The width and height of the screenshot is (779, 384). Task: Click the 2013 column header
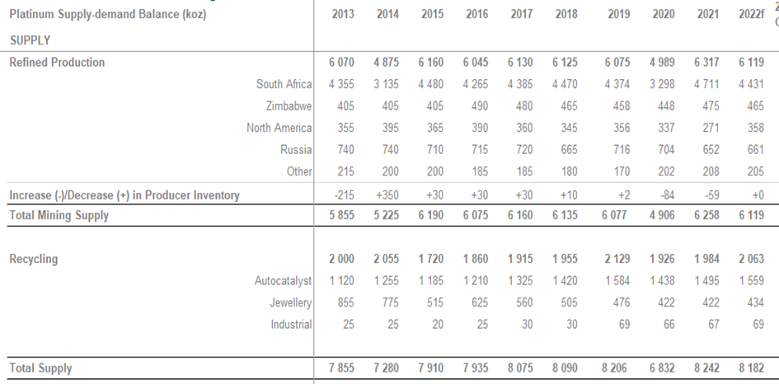point(343,15)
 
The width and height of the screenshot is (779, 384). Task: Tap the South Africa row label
point(284,84)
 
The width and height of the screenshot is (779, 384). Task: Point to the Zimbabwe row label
point(289,106)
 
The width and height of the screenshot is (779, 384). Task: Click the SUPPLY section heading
point(31,40)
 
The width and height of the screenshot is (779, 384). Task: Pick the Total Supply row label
point(40,368)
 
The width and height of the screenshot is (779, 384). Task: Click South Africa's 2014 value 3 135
point(387,84)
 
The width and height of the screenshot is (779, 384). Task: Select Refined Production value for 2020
point(664,63)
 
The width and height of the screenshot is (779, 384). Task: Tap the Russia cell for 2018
point(565,150)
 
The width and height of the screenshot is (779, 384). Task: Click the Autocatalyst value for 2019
point(618,281)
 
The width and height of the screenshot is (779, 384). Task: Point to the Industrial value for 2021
point(707,325)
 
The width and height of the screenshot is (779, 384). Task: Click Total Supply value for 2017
point(520,368)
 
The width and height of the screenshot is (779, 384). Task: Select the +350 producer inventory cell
point(387,195)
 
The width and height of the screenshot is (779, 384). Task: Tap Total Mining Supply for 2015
point(431,215)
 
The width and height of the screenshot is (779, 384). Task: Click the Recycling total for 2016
point(476,260)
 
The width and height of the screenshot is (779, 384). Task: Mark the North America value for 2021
point(707,128)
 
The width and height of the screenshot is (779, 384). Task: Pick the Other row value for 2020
point(664,171)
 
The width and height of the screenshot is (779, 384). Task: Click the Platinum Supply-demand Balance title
point(108,15)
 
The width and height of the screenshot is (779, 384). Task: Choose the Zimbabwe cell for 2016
point(476,106)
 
